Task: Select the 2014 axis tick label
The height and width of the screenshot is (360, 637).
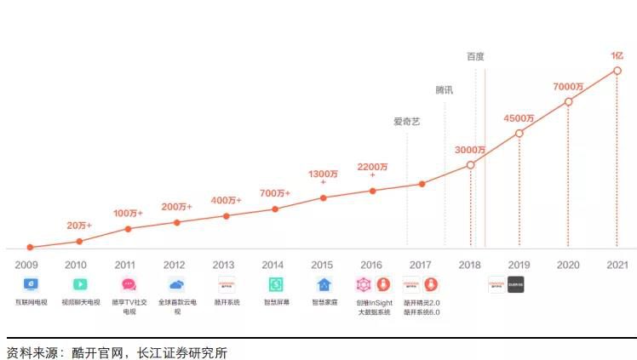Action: (x=273, y=265)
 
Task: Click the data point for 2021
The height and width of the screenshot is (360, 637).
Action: (x=616, y=71)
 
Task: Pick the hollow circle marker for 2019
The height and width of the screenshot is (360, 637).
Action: (x=519, y=133)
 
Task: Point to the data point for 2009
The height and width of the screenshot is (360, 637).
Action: (x=30, y=247)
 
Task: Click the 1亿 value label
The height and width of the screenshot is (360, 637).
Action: (x=617, y=55)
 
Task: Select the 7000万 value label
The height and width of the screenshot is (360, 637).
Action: (x=568, y=87)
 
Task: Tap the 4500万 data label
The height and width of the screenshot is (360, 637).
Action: (x=519, y=117)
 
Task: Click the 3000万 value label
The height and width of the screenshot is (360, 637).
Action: (x=470, y=150)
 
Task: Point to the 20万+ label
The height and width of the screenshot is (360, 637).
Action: (x=79, y=226)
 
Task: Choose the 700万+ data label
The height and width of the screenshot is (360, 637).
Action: (x=275, y=193)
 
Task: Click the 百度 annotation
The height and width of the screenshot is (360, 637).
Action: (x=475, y=57)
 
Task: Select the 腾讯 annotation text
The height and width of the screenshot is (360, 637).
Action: (x=445, y=89)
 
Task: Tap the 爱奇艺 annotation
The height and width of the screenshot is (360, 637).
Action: (x=406, y=121)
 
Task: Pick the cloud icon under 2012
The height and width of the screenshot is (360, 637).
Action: (x=176, y=284)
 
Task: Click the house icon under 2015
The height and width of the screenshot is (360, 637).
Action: (x=324, y=284)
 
